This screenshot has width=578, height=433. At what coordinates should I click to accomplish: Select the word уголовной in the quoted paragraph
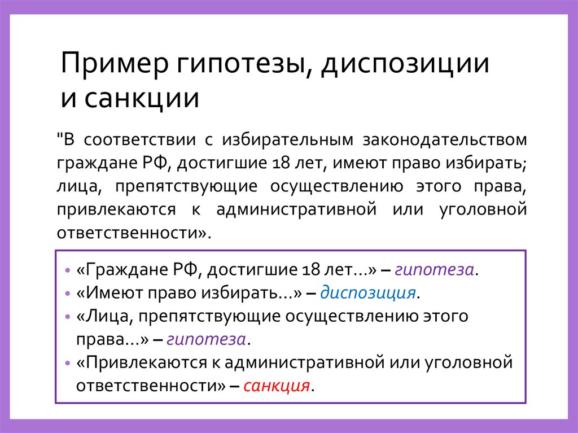483,209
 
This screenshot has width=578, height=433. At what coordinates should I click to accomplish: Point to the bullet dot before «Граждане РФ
68,270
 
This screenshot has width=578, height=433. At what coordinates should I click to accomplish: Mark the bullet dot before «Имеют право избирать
68,294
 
